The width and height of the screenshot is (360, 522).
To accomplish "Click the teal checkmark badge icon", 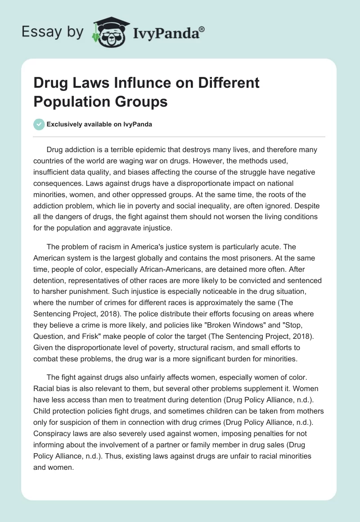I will pos(40,124).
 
